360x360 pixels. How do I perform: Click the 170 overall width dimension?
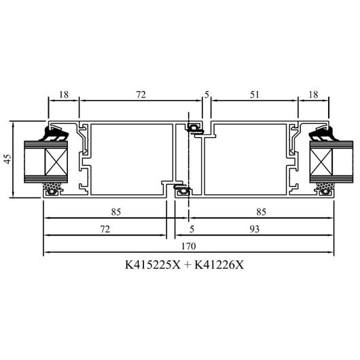pyautogui.click(x=189, y=246)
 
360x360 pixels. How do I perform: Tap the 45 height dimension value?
pyautogui.click(x=7, y=159)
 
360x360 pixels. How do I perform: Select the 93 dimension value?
pyautogui.click(x=255, y=229)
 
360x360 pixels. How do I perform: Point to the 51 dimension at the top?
pyautogui.click(x=255, y=94)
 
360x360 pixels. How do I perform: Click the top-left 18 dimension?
pyautogui.click(x=64, y=94)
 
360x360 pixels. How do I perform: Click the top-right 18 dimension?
pyautogui.click(x=313, y=94)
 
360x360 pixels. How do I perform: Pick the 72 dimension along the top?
pyautogui.click(x=141, y=94)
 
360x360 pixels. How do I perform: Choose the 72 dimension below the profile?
pyautogui.click(x=105, y=229)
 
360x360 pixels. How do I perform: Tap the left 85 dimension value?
pyautogui.click(x=116, y=212)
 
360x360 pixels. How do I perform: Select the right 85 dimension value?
pyautogui.click(x=262, y=212)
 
